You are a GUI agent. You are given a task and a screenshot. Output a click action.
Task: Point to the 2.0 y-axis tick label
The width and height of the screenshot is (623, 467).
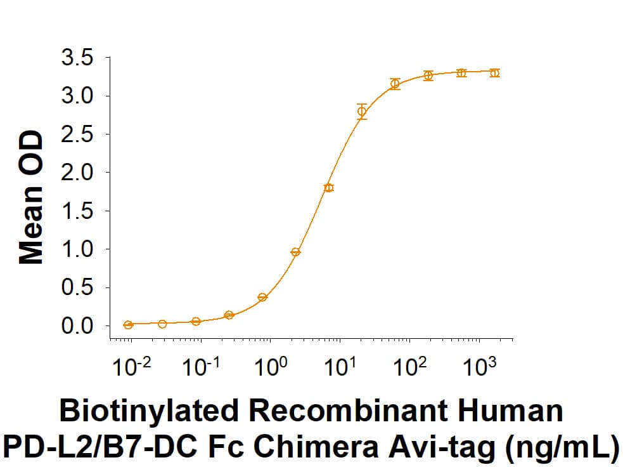click(77, 173)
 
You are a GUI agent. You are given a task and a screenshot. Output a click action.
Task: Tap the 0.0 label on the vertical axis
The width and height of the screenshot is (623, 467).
click(77, 326)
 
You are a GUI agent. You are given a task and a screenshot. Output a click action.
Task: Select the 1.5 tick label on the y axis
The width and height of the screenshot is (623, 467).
click(77, 211)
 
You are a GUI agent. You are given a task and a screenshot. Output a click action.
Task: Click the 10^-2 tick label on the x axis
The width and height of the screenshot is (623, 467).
click(130, 367)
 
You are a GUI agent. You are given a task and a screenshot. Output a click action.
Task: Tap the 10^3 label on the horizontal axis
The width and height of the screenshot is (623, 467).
click(480, 367)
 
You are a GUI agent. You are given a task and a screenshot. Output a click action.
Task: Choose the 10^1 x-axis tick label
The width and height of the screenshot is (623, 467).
click(340, 367)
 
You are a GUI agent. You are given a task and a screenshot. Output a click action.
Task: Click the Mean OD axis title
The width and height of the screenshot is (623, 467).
click(30, 197)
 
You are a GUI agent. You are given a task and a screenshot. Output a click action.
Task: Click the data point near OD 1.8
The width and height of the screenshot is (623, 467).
click(328, 188)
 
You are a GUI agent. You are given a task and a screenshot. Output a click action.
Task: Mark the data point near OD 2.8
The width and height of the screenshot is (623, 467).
click(362, 112)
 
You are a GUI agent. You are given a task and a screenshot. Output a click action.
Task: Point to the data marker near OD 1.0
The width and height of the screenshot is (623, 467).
click(295, 252)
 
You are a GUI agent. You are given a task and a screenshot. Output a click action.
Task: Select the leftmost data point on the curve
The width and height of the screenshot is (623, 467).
click(129, 325)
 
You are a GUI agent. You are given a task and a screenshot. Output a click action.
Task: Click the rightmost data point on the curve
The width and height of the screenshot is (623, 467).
click(494, 73)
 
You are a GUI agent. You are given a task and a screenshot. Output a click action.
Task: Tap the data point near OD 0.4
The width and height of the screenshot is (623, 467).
click(262, 297)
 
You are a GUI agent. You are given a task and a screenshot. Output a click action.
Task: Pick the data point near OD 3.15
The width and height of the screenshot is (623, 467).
click(395, 84)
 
